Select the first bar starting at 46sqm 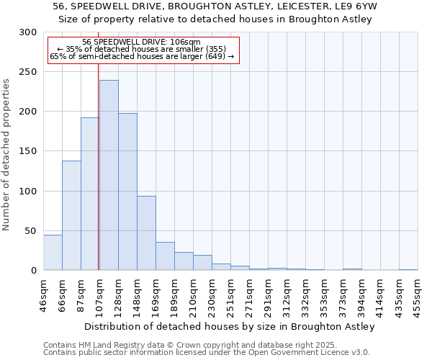pyautogui.click(x=53, y=253)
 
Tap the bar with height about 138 pyautogui.click(x=71, y=215)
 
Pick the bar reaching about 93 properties pyautogui.click(x=146, y=233)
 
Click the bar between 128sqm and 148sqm pyautogui.click(x=127, y=192)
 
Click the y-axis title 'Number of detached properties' pyautogui.click(x=6, y=155)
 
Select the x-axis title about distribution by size pyautogui.click(x=230, y=326)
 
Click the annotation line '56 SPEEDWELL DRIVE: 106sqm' pyautogui.click(x=142, y=42)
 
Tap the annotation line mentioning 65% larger pyautogui.click(x=142, y=57)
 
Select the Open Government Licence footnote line pyautogui.click(x=207, y=353)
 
